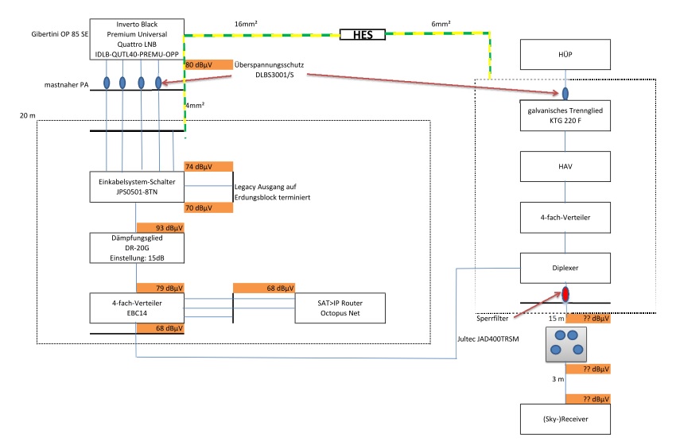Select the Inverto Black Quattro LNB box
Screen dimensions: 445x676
coord(137,37)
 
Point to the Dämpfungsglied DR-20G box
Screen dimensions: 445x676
coord(137,248)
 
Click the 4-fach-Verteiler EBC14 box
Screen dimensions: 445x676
coord(137,308)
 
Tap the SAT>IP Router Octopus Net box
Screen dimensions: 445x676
coord(340,308)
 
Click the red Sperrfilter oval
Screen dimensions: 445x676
coord(565,293)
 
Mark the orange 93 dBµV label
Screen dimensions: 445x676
coord(160,227)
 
